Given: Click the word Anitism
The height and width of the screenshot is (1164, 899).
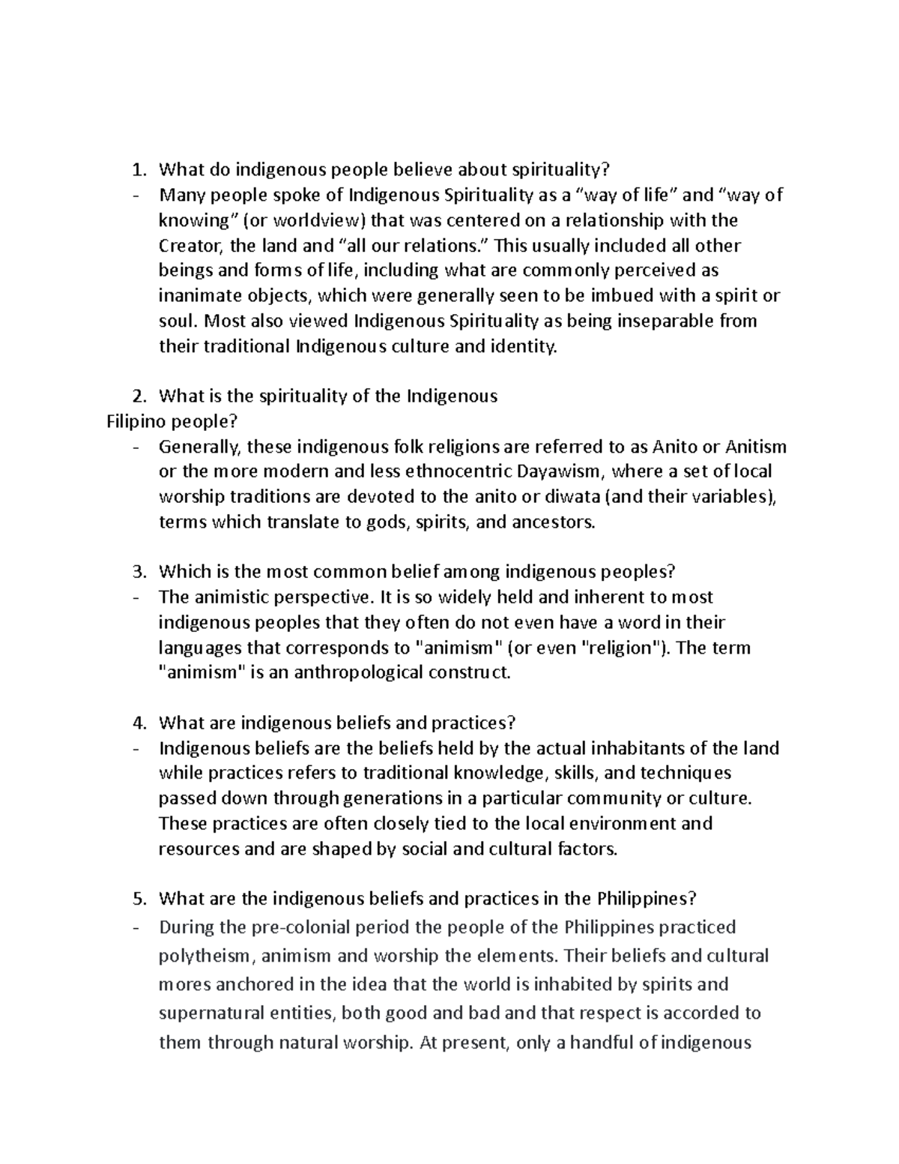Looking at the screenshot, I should [x=756, y=447].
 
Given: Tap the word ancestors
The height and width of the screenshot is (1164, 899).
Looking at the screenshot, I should [x=554, y=522].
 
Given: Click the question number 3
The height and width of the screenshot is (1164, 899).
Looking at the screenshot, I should [x=138, y=573].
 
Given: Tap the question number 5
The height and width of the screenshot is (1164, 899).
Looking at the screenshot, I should [x=138, y=899].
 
